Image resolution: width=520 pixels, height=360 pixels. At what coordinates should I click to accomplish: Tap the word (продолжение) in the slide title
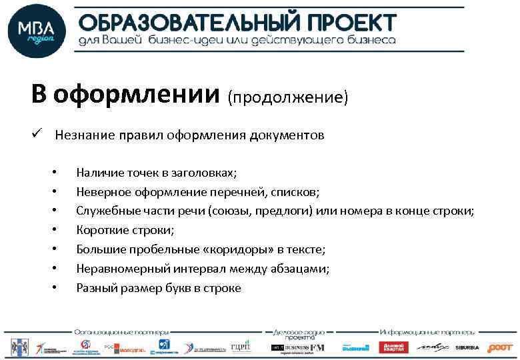(x=288, y=97)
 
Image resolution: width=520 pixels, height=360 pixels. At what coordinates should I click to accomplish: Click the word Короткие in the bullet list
(x=99, y=231)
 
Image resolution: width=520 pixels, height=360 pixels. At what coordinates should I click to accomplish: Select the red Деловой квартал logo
(x=393, y=347)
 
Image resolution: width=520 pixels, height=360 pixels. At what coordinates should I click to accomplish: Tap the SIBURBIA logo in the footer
(x=467, y=347)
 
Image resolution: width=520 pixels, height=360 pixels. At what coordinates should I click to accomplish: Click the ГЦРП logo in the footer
(x=240, y=347)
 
